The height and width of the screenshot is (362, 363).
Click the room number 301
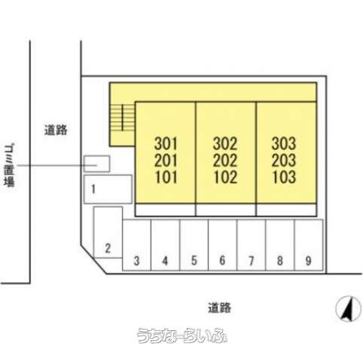(x=166, y=143)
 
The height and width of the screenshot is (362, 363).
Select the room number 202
(x=225, y=161)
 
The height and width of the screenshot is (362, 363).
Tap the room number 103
(x=284, y=177)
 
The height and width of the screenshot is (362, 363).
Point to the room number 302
(x=225, y=143)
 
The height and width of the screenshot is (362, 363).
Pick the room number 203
(x=284, y=161)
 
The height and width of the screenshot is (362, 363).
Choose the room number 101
(x=166, y=177)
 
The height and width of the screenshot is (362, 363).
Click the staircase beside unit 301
(x=123, y=118)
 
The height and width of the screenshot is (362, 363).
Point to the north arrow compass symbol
(x=349, y=309)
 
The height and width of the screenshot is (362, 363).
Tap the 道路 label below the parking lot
(x=219, y=308)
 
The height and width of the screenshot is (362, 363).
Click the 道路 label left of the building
(x=56, y=130)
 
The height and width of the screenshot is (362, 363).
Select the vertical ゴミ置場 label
(x=10, y=165)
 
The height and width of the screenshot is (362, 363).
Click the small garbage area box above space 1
(x=96, y=164)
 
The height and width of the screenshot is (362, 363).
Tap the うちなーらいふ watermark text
(x=181, y=336)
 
